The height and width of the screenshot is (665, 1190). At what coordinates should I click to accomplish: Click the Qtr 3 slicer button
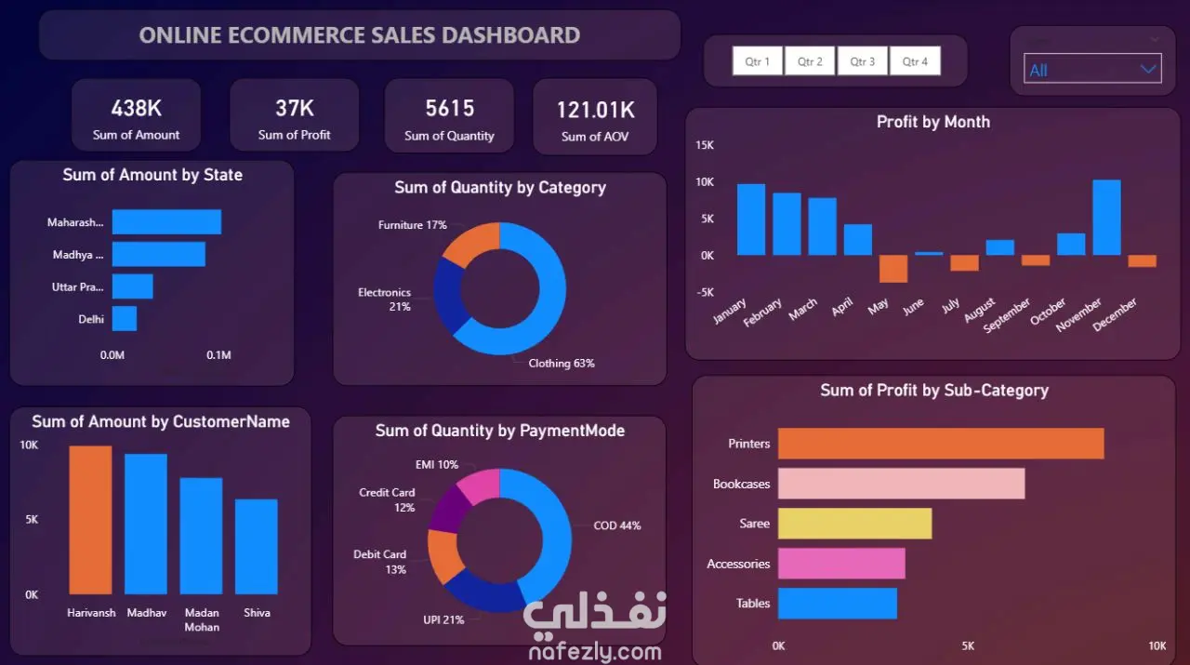tap(862, 61)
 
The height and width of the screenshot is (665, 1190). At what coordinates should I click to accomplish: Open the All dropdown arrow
tap(1148, 70)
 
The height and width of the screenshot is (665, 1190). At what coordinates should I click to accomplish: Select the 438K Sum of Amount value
tap(136, 109)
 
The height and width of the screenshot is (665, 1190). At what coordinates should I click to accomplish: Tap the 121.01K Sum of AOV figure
tap(595, 110)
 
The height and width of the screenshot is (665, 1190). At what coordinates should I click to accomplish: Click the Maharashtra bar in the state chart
tap(166, 221)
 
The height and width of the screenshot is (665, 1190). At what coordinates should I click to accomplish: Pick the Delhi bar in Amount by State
tap(125, 318)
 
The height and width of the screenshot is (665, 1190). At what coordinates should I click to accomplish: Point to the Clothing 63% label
tap(561, 364)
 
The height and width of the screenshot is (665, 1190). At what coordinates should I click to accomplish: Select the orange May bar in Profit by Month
tap(893, 269)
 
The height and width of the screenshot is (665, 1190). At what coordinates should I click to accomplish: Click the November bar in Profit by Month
tap(1106, 218)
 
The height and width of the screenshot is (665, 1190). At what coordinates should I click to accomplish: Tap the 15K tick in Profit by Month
tap(705, 145)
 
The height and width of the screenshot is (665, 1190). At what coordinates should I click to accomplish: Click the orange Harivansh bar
tap(90, 520)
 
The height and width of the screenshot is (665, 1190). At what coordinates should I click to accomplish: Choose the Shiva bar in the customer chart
tap(256, 547)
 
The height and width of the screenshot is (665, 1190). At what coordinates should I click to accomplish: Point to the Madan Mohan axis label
tap(202, 619)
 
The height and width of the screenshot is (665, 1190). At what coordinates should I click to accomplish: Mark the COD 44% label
tap(616, 525)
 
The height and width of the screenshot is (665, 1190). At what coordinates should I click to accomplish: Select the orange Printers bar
tap(941, 444)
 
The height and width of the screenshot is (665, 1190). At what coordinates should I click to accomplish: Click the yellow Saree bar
tap(854, 524)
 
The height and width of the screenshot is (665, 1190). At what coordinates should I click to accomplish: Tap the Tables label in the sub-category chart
tap(753, 604)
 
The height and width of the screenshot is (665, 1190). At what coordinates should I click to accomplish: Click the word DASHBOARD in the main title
tap(510, 35)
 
